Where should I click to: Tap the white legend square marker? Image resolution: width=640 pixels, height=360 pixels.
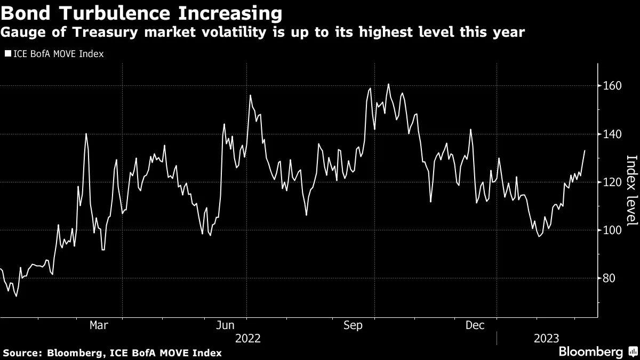click(x=7, y=54)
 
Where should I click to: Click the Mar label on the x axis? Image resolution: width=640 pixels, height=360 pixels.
click(x=100, y=325)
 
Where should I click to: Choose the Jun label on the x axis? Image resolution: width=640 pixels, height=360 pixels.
click(x=227, y=325)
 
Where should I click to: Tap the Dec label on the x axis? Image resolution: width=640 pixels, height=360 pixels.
click(x=475, y=325)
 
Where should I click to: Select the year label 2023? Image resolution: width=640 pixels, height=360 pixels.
click(x=546, y=338)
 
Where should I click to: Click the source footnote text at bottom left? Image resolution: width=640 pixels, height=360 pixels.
click(x=112, y=353)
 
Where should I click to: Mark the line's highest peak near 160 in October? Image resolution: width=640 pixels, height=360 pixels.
click(x=388, y=84)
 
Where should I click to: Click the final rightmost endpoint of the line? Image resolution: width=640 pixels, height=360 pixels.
click(x=585, y=150)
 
